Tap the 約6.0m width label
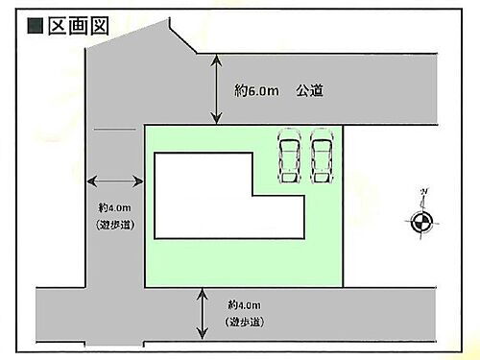pyautogui.click(x=256, y=90)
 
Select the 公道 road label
pyautogui.click(x=309, y=90)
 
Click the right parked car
pyautogui.click(x=320, y=156)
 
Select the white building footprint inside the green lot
pyautogui.click(x=221, y=197)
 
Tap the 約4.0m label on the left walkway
pyautogui.click(x=113, y=207)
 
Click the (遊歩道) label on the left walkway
pyautogui.click(x=114, y=225)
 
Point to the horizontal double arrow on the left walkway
pyautogui.click(x=113, y=180)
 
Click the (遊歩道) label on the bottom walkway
pyautogui.click(x=246, y=321)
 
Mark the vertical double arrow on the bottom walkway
pyautogui.click(x=202, y=312)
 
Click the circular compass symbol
pyautogui.click(x=420, y=223)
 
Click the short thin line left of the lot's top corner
pyautogui.click(x=113, y=129)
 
